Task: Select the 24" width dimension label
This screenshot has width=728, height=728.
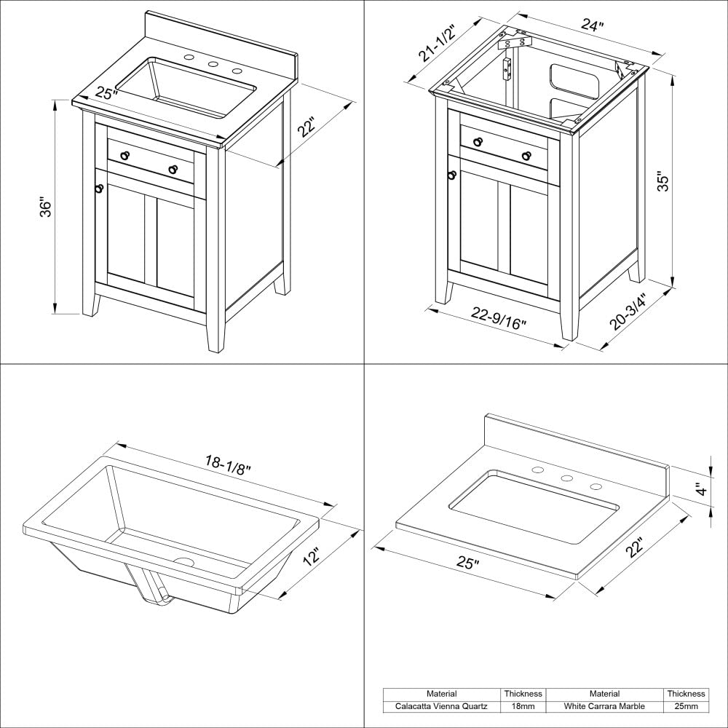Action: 592,26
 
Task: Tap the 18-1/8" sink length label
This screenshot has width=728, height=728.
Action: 227,464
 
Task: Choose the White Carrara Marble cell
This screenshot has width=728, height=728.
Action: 604,706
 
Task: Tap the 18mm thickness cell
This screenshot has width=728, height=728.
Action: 523,706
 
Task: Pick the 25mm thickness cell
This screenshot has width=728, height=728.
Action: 685,706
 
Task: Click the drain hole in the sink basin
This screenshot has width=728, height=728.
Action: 183,563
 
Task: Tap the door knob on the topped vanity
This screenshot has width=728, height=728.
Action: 99,188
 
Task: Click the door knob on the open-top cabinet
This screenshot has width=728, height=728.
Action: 452,175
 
